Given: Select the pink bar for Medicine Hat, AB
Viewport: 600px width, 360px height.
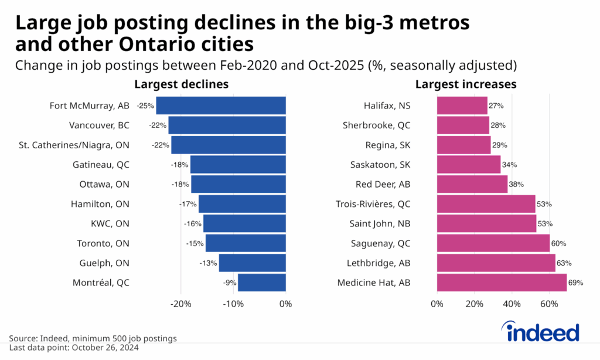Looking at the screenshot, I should tap(502, 283).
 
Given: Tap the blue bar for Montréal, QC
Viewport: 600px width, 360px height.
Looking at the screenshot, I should tap(261, 283).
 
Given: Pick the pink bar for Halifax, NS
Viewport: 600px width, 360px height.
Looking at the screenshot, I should tap(462, 106).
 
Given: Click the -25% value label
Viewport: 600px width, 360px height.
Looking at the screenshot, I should tap(145, 106).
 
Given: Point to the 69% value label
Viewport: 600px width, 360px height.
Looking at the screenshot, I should tap(575, 283).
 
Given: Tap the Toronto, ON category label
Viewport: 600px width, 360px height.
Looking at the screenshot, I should tap(103, 243).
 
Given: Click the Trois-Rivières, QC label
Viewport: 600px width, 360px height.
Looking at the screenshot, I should tap(373, 204).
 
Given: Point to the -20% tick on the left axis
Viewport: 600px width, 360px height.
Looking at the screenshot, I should tap(180, 304).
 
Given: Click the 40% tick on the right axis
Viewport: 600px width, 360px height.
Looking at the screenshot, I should tap(512, 304).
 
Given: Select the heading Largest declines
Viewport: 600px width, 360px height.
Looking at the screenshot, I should tap(182, 84).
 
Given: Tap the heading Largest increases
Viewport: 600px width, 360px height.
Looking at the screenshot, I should tap(466, 84).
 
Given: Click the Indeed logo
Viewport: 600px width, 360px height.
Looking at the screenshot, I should tap(542, 332).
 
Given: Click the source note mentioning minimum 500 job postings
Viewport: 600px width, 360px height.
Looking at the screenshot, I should tap(93, 338).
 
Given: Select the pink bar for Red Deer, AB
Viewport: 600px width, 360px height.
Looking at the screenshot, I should tap(472, 184).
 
